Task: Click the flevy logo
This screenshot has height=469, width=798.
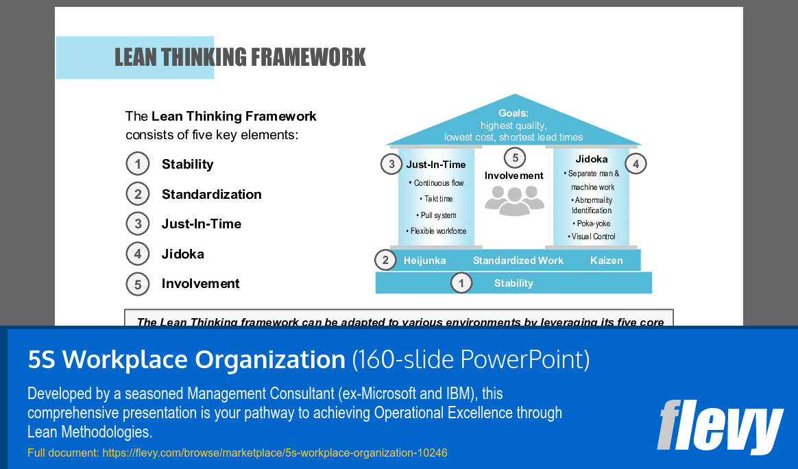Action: coord(720,426)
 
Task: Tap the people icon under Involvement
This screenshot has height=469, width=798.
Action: coord(514,201)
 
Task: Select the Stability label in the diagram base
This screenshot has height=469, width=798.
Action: coord(513,283)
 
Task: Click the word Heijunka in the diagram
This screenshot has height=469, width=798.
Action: coord(425,261)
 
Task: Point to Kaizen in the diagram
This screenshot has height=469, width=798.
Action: coord(606,261)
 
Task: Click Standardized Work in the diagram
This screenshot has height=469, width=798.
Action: coord(518,261)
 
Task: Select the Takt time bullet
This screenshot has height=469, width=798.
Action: coord(439,199)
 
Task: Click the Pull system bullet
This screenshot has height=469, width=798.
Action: coord(439,215)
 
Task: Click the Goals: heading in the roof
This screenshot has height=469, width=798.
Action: coord(513,114)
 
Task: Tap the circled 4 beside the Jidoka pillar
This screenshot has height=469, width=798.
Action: coord(636,164)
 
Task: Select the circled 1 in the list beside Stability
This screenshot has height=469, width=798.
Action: coord(138,165)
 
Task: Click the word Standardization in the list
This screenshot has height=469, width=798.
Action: coord(211,195)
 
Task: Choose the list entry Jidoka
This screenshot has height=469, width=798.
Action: coord(182,254)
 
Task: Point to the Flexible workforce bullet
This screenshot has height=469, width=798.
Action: coord(439,231)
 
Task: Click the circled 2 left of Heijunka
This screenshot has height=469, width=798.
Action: coord(386,261)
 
